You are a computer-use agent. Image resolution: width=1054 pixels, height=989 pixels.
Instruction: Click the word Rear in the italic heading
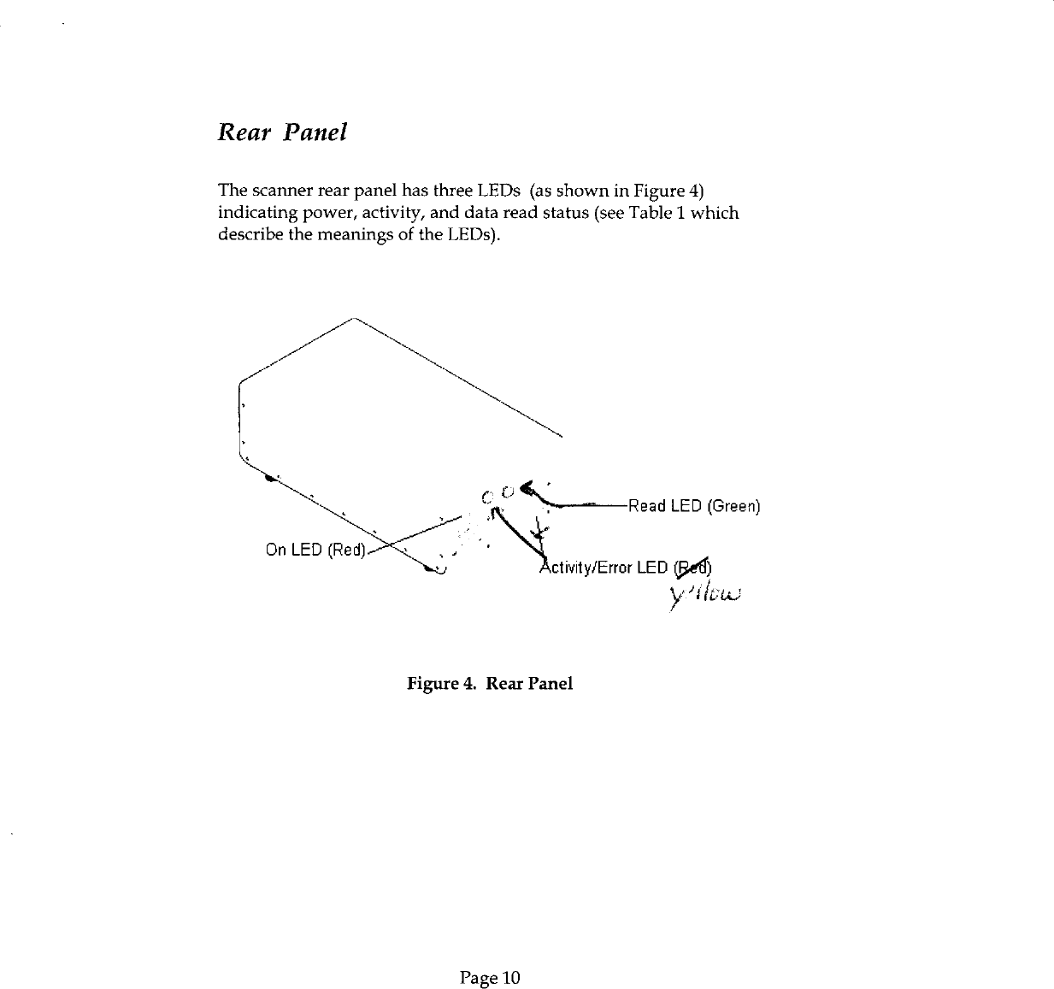pyautogui.click(x=243, y=132)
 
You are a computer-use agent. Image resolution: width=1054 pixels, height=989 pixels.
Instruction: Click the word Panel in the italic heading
pyautogui.click(x=315, y=132)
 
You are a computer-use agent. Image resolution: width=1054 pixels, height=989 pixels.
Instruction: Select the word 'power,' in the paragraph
pyautogui.click(x=315, y=212)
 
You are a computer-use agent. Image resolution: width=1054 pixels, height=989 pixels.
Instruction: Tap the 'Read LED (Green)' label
pyautogui.click(x=693, y=506)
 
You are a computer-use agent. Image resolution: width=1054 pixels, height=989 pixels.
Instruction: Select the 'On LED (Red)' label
pyautogui.click(x=315, y=549)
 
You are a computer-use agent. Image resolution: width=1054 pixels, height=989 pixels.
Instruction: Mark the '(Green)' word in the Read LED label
pyautogui.click(x=733, y=506)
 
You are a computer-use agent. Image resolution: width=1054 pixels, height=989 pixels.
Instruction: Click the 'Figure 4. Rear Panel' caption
pyautogui.click(x=489, y=684)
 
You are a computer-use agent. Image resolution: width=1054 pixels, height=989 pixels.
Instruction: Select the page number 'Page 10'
pyautogui.click(x=489, y=977)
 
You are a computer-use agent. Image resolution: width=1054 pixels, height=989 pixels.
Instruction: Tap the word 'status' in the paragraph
pyautogui.click(x=565, y=212)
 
